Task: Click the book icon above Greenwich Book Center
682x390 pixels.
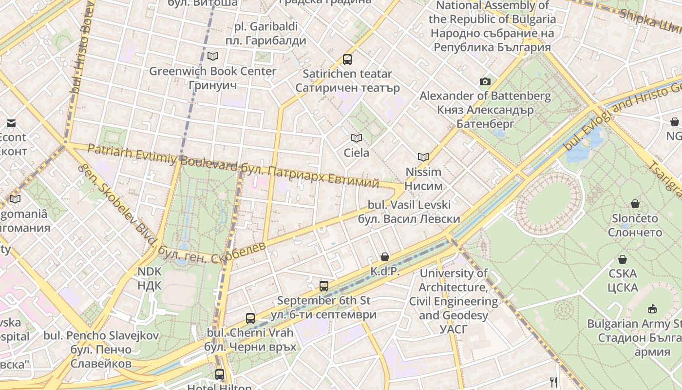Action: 213,56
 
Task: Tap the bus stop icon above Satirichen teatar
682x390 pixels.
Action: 347,59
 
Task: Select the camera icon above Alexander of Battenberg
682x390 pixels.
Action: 485,81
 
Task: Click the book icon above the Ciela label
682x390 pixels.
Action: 357,138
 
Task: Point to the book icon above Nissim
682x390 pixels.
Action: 423,157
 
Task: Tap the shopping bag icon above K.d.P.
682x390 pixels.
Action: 385,256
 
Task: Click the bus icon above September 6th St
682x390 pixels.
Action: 324,286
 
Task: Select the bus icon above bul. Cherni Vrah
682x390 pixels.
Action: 250,318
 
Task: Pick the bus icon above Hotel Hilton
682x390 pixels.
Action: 220,374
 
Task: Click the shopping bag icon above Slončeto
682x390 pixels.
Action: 635,203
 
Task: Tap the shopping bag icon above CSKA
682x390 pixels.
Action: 622,259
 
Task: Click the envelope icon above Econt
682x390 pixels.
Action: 11,123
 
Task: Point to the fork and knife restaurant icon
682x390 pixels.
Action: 553,381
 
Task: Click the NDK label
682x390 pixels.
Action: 149,278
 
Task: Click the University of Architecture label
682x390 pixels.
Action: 454,294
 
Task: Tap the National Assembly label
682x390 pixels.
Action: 492,26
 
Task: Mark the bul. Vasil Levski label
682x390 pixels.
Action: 409,212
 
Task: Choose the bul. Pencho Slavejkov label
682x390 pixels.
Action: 101,350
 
